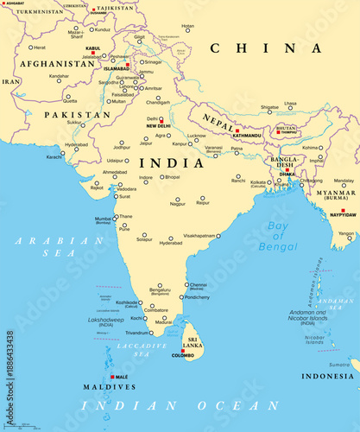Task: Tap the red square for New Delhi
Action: click(x=161, y=119)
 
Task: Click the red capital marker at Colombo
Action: click(x=182, y=349)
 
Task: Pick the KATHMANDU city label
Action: click(x=247, y=136)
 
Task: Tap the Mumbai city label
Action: click(x=104, y=219)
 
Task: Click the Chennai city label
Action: click(x=199, y=284)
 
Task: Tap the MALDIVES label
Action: click(x=109, y=386)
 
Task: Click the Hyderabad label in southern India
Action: click(x=171, y=243)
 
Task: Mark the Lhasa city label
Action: click(x=290, y=104)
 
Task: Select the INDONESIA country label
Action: click(x=327, y=376)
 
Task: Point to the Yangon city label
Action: click(x=346, y=233)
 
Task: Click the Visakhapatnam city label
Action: click(x=199, y=234)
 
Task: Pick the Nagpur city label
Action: click(x=178, y=204)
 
